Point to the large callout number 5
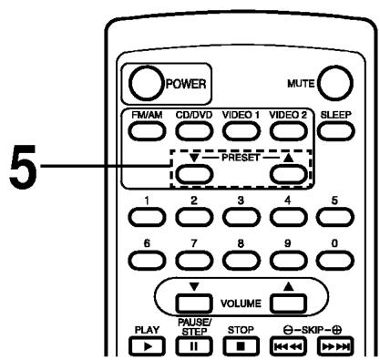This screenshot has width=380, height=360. coord(21,170)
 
